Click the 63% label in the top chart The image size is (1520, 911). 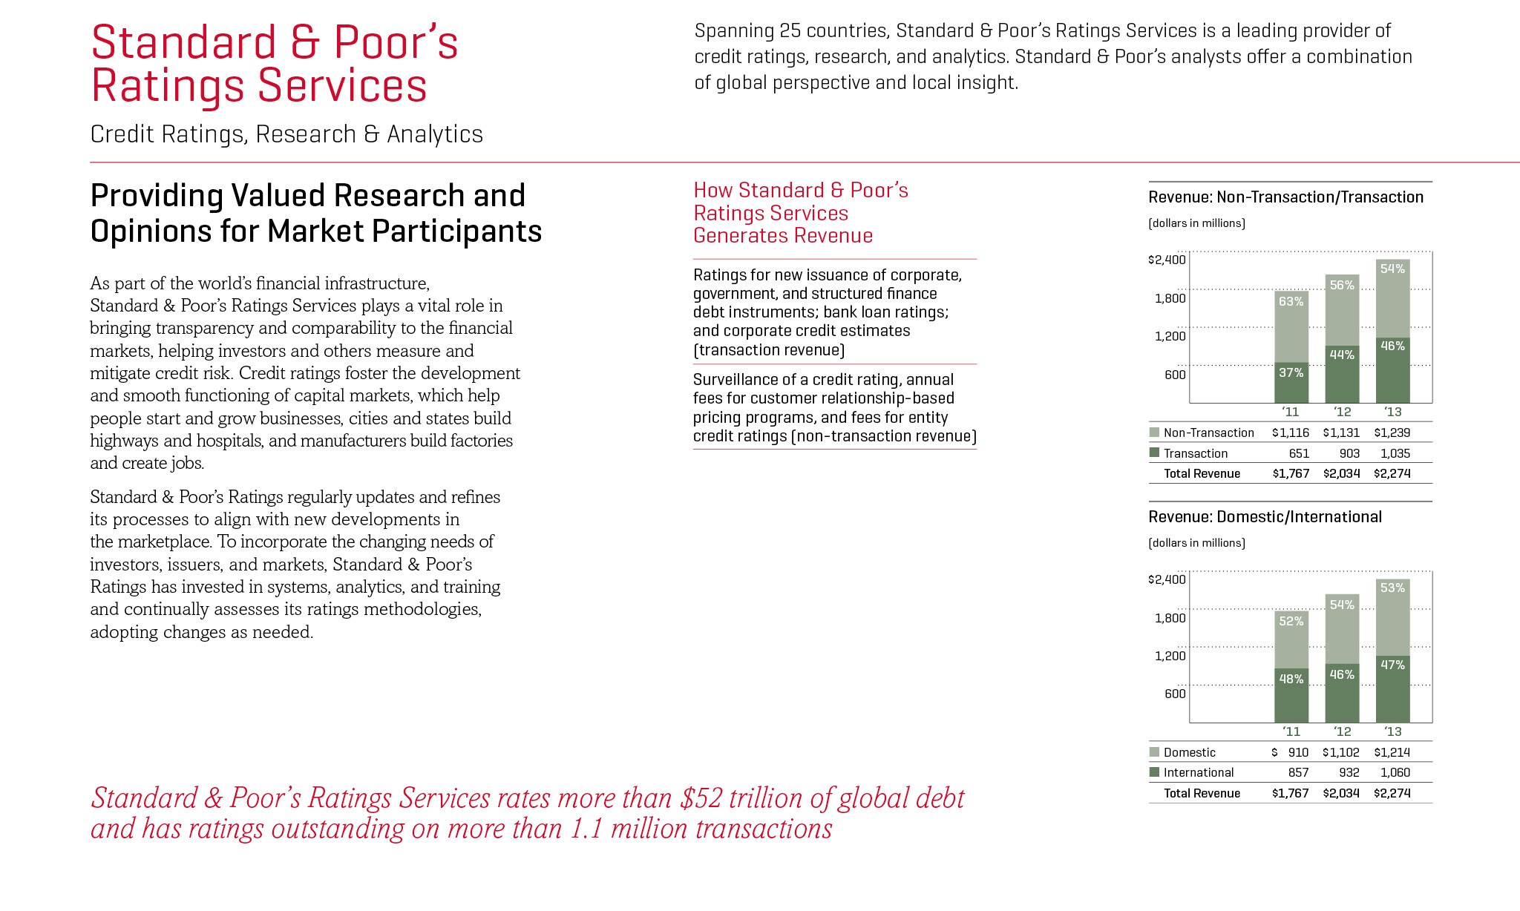[1291, 301]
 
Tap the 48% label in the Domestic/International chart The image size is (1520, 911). [1291, 679]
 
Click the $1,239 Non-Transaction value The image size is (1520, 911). [1392, 433]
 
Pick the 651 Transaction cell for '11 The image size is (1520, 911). [1298, 453]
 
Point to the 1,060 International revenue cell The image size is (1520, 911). [1395, 772]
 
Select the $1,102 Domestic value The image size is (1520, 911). [1340, 752]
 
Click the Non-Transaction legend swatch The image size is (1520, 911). [1154, 432]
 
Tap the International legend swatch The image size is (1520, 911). [1154, 772]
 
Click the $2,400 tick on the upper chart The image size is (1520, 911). [1167, 260]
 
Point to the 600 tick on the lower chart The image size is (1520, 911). [1175, 694]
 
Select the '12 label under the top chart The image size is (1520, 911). [1342, 412]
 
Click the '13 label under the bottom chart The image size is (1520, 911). [1392, 731]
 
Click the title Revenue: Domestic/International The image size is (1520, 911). [1265, 517]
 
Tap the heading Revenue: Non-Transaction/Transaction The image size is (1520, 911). [1285, 197]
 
